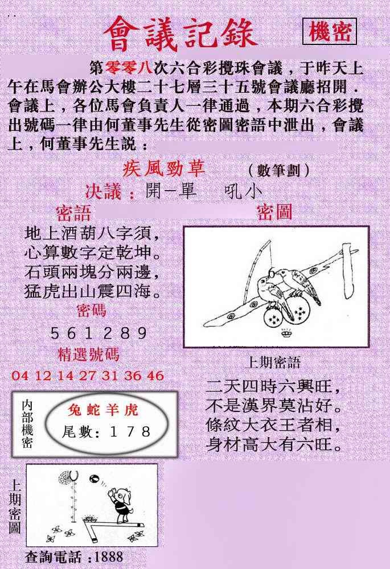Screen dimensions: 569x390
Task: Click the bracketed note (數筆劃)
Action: tap(279, 170)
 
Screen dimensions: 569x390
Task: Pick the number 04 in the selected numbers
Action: tap(19, 376)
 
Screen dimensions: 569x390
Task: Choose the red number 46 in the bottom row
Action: tap(155, 376)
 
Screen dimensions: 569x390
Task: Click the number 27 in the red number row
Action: tap(88, 376)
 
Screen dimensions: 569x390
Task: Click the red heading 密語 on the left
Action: tap(73, 213)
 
